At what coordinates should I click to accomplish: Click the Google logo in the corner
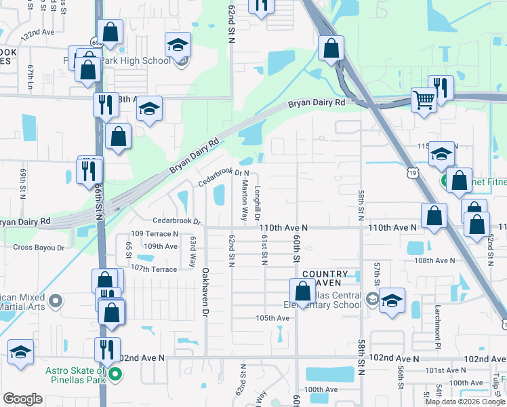23,399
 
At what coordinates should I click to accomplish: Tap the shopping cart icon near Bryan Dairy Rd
424,99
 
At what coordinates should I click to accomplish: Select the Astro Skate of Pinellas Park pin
115,374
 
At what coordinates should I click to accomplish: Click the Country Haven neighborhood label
325,278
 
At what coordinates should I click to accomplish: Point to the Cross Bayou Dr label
39,248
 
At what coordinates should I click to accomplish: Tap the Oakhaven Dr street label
204,292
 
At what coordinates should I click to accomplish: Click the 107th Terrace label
154,269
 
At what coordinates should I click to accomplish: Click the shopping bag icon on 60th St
303,290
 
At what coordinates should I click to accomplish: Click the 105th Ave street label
272,317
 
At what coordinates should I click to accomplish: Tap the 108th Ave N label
434,260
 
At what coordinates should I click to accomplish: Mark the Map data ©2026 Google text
464,401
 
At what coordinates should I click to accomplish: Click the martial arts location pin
56,299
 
